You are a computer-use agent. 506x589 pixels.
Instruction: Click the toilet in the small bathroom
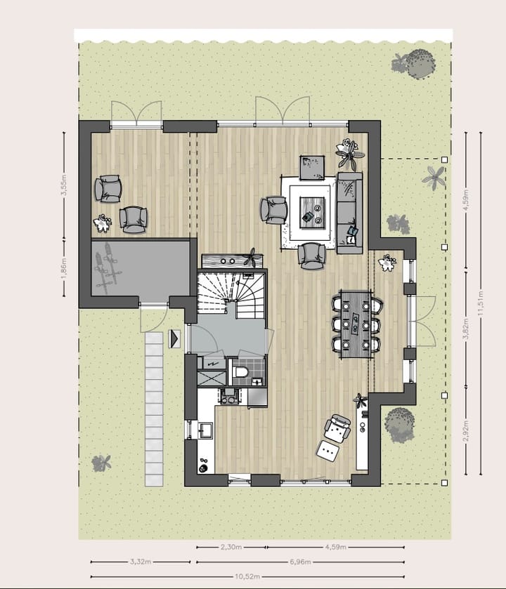[x=241, y=371]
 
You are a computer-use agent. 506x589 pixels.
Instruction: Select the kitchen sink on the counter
[x=205, y=430]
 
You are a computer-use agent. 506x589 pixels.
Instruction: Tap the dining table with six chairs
[x=357, y=324]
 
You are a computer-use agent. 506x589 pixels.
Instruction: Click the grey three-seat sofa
[x=349, y=211]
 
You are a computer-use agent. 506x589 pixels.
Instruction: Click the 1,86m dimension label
[x=63, y=267]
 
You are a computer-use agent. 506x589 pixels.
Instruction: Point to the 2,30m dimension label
[x=231, y=546]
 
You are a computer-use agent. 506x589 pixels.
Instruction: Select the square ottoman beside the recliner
[x=329, y=451]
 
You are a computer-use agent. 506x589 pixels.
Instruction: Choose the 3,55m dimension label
[x=63, y=189]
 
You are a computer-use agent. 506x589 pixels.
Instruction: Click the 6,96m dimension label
[x=301, y=562]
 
